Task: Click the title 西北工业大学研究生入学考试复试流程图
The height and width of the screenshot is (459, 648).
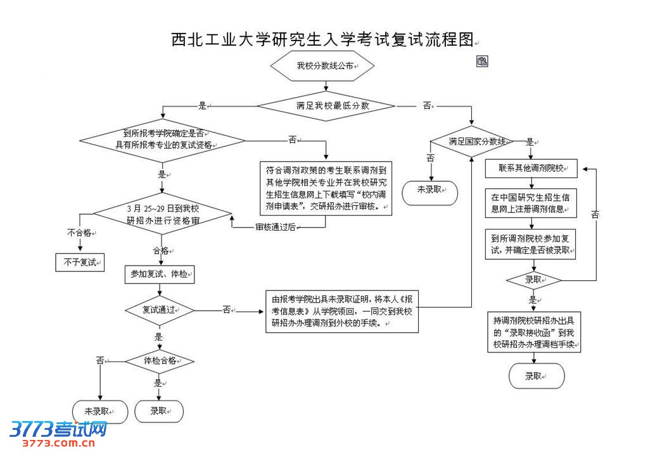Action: tap(322, 41)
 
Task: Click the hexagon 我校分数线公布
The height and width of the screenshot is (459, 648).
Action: tap(322, 66)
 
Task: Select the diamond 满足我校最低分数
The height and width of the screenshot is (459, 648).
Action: tap(325, 106)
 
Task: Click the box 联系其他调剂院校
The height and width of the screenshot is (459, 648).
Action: tap(531, 169)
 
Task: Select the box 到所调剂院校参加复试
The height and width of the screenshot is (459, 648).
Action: tap(531, 245)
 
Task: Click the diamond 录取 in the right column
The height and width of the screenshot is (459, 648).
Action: tap(534, 279)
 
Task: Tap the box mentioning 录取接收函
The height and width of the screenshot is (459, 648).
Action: tap(533, 332)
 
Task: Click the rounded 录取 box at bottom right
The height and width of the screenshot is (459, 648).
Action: tap(537, 376)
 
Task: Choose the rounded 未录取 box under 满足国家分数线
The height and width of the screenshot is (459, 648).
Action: tap(431, 190)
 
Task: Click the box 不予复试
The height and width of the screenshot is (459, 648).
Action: tap(80, 262)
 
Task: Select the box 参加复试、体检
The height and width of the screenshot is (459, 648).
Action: tap(158, 275)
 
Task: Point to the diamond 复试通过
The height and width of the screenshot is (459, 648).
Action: tap(158, 310)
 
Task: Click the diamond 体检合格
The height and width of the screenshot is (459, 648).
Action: tap(158, 361)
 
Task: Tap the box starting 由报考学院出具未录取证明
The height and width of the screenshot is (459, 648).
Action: tap(342, 311)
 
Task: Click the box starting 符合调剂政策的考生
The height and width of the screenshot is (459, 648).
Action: tap(326, 188)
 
